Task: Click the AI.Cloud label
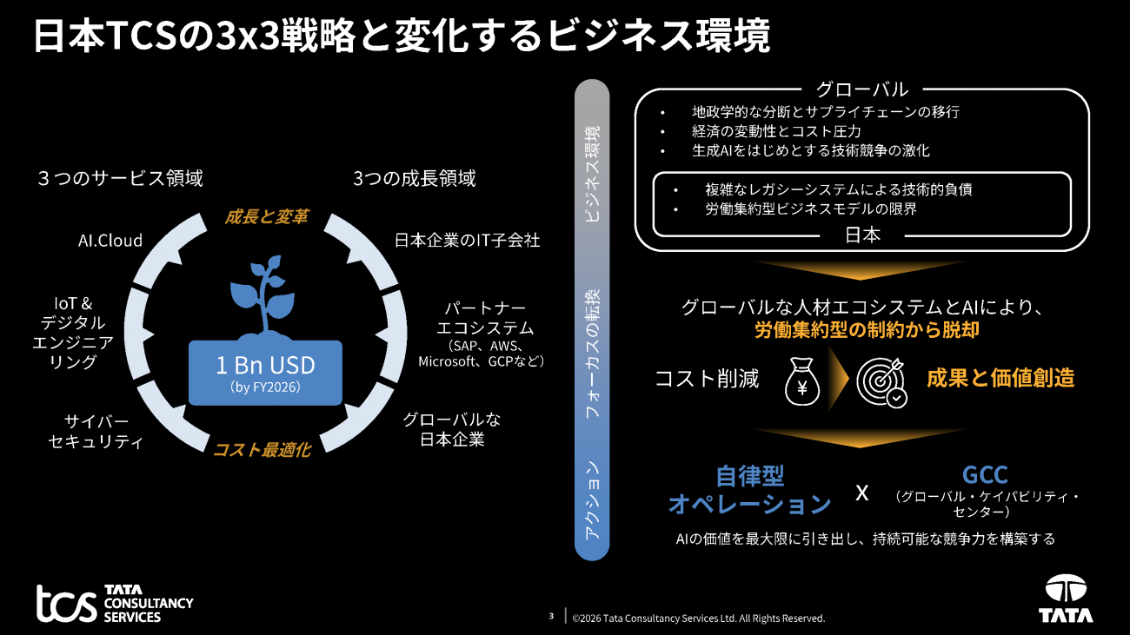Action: tap(110, 241)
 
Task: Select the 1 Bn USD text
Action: tap(265, 366)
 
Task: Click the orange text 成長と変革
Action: tap(266, 216)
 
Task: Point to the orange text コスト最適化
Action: tap(263, 450)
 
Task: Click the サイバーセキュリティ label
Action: tap(96, 431)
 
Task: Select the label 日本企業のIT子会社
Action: tap(467, 241)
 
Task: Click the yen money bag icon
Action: tap(801, 380)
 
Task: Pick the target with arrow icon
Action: tap(881, 382)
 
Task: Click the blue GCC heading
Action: tap(985, 474)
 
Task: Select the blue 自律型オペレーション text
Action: tap(749, 490)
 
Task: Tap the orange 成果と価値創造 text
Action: tap(1000, 378)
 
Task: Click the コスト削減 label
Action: tap(706, 379)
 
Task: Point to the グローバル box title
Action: tap(862, 89)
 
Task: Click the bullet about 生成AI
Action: tap(811, 150)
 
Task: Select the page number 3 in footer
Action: tap(551, 616)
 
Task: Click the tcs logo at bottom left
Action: tap(115, 603)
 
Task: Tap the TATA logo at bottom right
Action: tap(1066, 599)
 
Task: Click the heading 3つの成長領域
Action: tap(414, 178)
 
